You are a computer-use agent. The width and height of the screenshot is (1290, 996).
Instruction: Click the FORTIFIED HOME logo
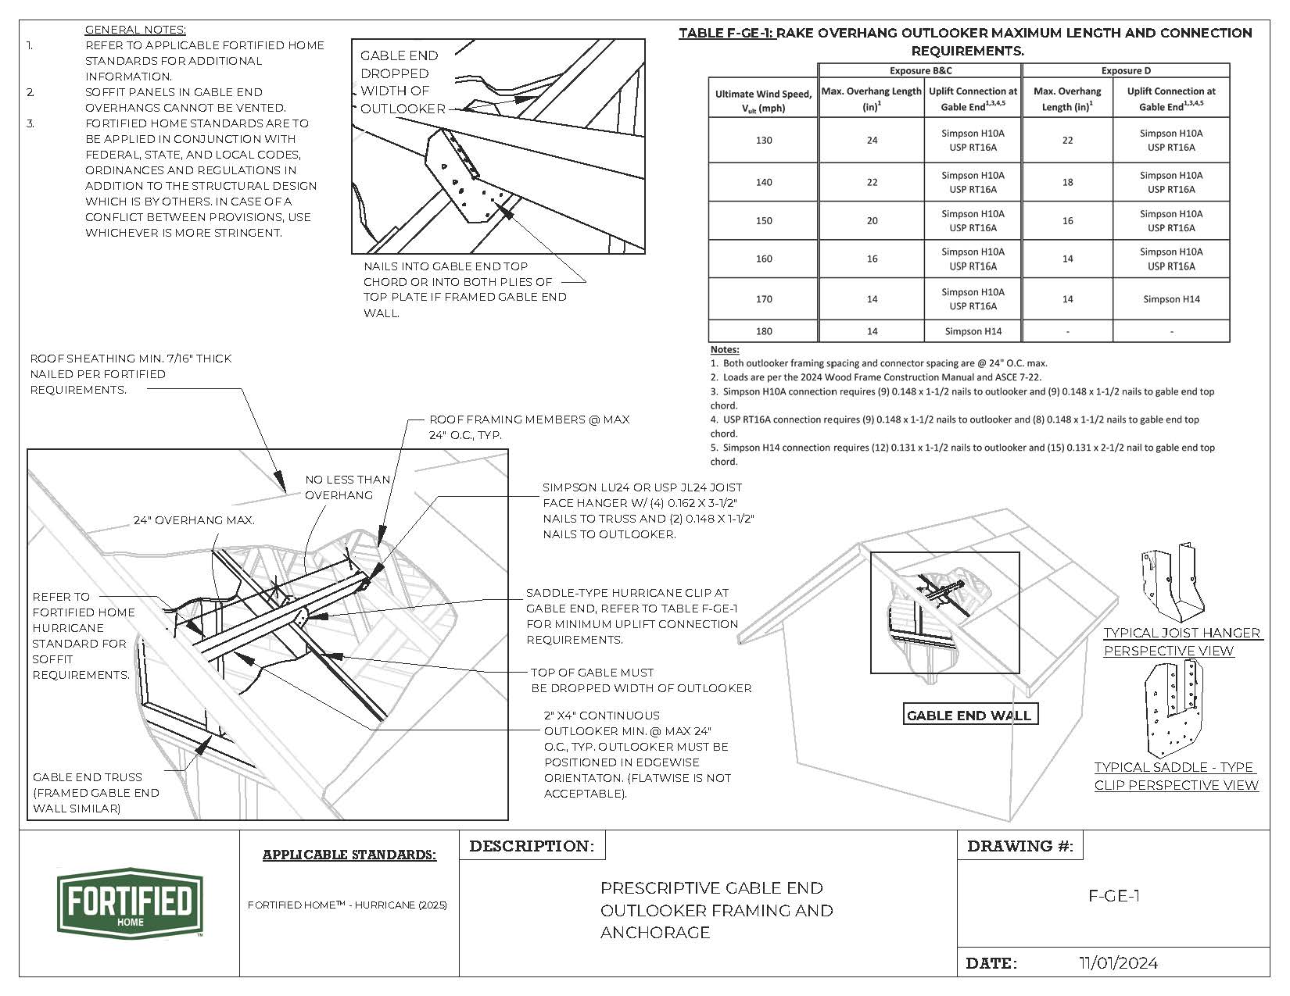pyautogui.click(x=130, y=902)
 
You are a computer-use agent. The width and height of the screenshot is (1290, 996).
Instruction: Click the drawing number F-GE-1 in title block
pyautogui.click(x=1113, y=896)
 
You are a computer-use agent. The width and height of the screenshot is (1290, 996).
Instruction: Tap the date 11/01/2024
pyautogui.click(x=1118, y=962)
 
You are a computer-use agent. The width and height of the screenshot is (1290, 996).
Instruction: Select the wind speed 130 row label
pyautogui.click(x=763, y=141)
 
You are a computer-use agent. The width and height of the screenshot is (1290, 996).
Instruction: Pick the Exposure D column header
pyautogui.click(x=1125, y=70)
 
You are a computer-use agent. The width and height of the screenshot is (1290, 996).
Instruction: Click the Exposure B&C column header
pyautogui.click(x=920, y=70)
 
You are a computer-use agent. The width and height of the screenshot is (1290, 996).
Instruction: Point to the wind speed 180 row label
pyautogui.click(x=763, y=331)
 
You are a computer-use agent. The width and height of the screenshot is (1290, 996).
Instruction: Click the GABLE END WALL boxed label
pyautogui.click(x=969, y=715)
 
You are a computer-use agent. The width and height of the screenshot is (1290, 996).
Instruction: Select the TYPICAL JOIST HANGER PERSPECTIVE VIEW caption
pyautogui.click(x=1181, y=641)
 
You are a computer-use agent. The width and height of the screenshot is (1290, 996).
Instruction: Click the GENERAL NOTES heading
pyautogui.click(x=135, y=30)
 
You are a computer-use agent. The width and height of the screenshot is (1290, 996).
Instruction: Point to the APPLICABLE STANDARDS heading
pyautogui.click(x=349, y=855)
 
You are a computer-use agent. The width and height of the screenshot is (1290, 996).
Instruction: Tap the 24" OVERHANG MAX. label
pyautogui.click(x=194, y=519)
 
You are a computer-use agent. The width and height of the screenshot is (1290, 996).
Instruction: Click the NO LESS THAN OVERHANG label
pyautogui.click(x=347, y=487)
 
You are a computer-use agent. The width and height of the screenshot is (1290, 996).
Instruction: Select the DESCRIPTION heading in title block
pyautogui.click(x=532, y=846)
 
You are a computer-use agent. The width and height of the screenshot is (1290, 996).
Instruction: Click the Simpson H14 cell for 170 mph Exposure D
pyautogui.click(x=1170, y=299)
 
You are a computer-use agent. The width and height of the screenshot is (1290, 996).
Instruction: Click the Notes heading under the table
pyautogui.click(x=724, y=349)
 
